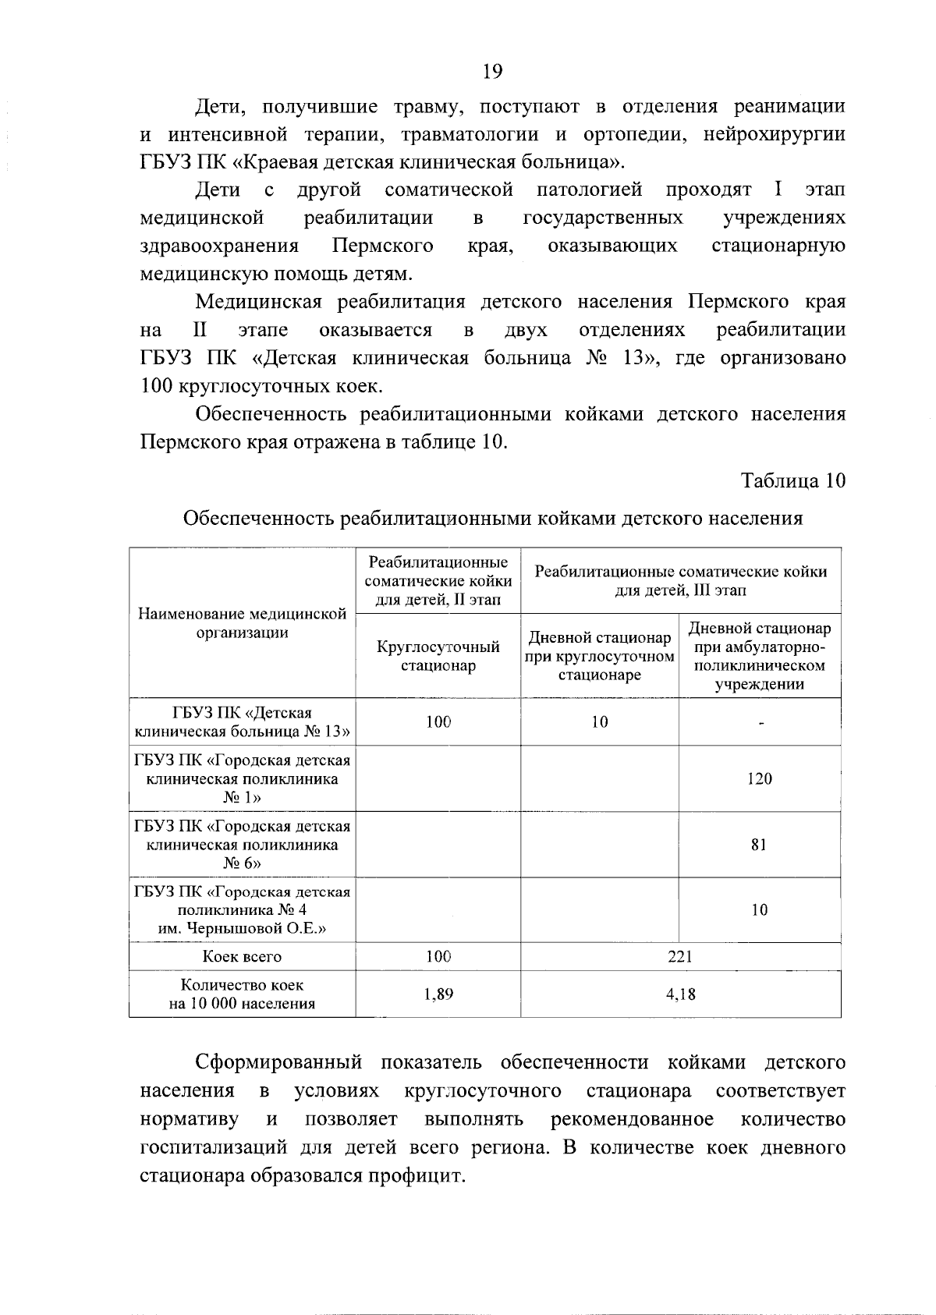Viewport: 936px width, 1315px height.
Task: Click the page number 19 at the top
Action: tap(492, 72)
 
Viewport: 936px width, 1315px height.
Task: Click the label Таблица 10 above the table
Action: tap(793, 480)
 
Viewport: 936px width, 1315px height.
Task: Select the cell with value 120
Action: tap(759, 778)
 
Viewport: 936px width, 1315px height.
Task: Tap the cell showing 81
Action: tap(759, 845)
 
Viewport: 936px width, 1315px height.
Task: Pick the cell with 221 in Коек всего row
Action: tap(680, 956)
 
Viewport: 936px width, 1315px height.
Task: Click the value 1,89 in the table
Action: tap(438, 994)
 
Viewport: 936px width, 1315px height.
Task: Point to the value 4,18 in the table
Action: tap(680, 994)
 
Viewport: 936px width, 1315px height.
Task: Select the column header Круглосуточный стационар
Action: tap(438, 656)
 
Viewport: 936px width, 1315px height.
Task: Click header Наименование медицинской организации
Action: tap(242, 623)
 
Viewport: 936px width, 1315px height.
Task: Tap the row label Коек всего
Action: tap(242, 956)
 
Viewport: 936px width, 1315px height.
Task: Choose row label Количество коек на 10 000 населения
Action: tap(242, 994)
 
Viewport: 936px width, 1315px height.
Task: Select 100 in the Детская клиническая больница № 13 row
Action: tap(438, 722)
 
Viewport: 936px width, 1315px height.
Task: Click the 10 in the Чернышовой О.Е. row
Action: tap(759, 910)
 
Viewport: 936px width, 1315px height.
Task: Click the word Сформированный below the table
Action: tap(278, 1062)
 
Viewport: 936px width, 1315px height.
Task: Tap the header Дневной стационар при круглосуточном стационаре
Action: tap(599, 656)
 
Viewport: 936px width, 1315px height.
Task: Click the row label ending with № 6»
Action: tap(242, 845)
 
